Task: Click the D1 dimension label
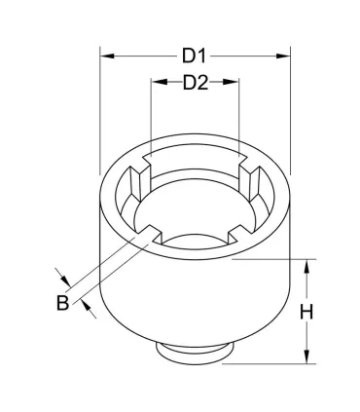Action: tap(195, 56)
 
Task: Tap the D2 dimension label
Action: tap(196, 83)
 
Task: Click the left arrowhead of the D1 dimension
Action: tap(105, 56)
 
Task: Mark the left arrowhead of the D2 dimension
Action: tap(156, 83)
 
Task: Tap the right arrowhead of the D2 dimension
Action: tap(234, 83)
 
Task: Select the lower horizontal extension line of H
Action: tap(272, 365)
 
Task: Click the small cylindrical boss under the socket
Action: tap(195, 353)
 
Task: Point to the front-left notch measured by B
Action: tap(151, 231)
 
